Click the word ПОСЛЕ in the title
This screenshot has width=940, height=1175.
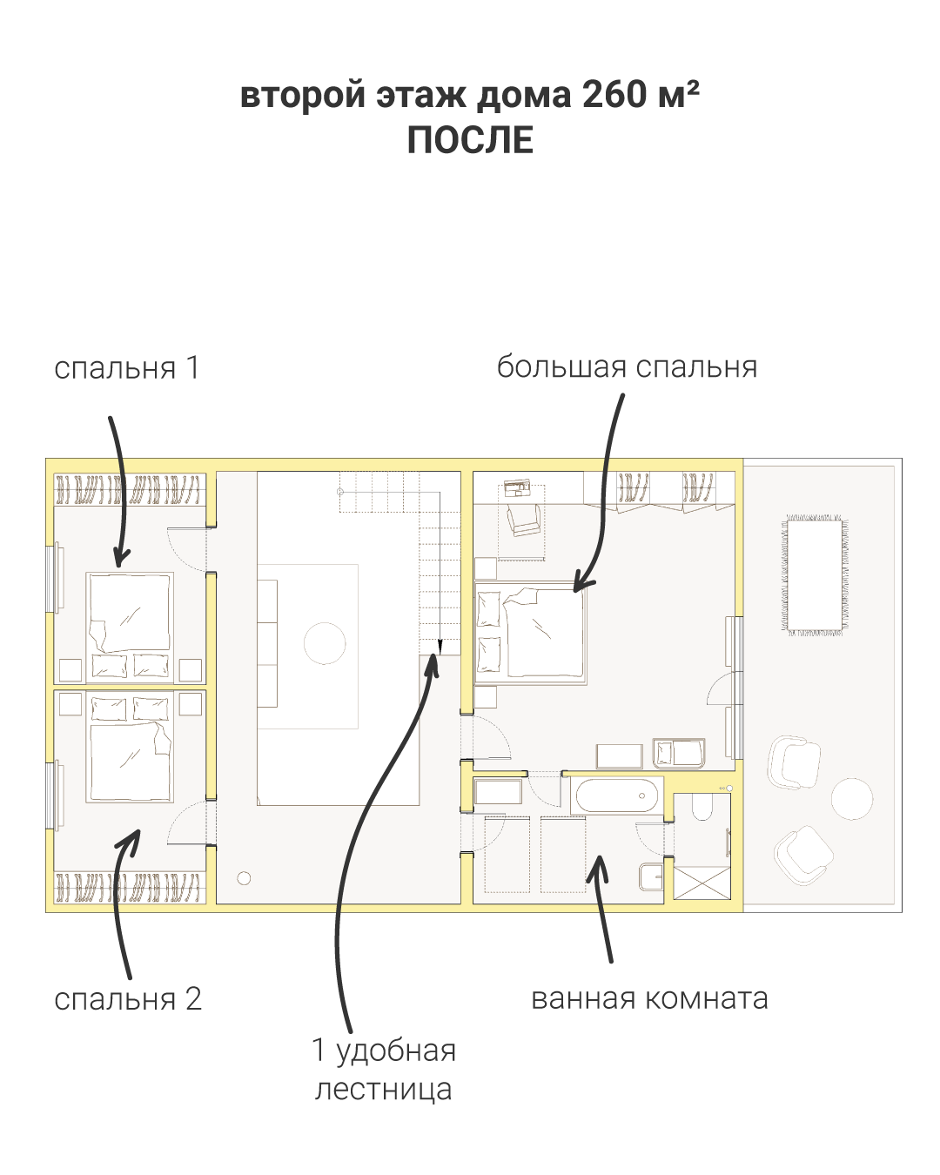point(470,141)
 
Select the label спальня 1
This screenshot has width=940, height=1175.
point(127,368)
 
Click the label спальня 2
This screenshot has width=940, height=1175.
point(128,998)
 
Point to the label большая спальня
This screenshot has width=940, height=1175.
point(627,366)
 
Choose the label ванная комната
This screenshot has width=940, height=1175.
point(649,998)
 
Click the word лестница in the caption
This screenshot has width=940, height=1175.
point(383,1089)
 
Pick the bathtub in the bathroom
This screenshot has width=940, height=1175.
point(617,796)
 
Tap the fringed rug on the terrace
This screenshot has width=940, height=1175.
point(814,574)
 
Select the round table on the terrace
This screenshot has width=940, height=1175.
point(851,798)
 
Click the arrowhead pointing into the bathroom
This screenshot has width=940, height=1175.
point(596,865)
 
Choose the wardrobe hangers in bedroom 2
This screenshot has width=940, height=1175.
point(130,887)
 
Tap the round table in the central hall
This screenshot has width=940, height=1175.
point(325,644)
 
